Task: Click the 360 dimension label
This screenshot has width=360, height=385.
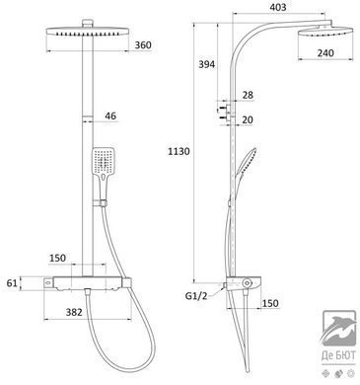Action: (143, 45)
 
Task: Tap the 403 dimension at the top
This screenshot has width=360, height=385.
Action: (278, 7)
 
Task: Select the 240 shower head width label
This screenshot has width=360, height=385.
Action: (325, 52)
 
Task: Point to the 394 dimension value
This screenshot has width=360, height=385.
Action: (206, 64)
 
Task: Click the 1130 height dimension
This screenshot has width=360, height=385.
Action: (179, 152)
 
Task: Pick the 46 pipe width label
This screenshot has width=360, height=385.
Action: (110, 115)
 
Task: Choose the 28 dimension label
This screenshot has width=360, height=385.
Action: (248, 95)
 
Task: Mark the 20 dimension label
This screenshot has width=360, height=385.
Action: (248, 119)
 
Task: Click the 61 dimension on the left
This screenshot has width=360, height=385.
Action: (12, 282)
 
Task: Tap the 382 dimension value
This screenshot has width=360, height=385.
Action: (74, 312)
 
